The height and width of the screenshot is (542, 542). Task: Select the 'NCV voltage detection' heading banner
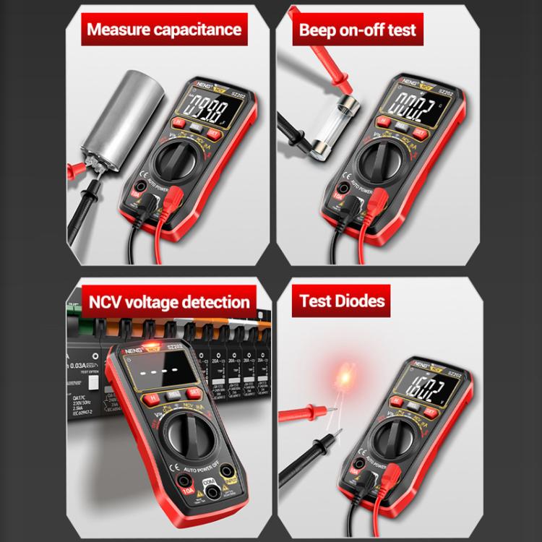tap(169, 301)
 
